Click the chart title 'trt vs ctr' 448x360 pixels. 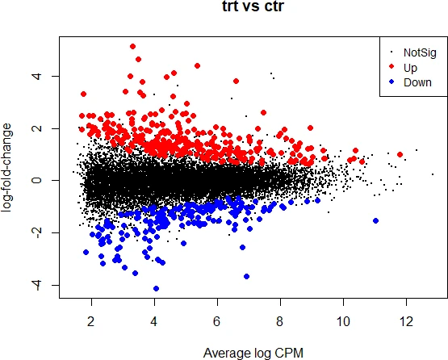tap(253, 6)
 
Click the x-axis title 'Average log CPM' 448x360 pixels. tap(253, 354)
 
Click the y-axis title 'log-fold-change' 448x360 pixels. tap(6, 168)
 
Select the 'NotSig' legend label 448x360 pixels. tap(420, 52)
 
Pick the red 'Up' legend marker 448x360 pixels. tap(391, 66)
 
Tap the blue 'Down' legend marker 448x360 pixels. tap(391, 82)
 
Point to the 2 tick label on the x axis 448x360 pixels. tap(91, 321)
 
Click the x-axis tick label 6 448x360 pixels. tap(217, 321)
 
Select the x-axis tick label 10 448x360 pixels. tap(343, 321)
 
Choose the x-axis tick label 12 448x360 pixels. tap(406, 321)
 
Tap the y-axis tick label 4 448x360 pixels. tap(37, 77)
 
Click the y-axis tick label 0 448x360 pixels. tap(37, 180)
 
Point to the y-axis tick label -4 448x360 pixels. tap(37, 285)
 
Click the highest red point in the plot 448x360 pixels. tap(132, 46)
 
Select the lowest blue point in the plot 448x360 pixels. tap(156, 289)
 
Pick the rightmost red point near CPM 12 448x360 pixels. tap(400, 154)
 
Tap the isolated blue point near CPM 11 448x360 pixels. tap(375, 220)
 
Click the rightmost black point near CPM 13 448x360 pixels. tap(433, 174)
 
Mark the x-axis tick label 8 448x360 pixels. tap(280, 321)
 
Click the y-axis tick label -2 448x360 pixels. tap(37, 232)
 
